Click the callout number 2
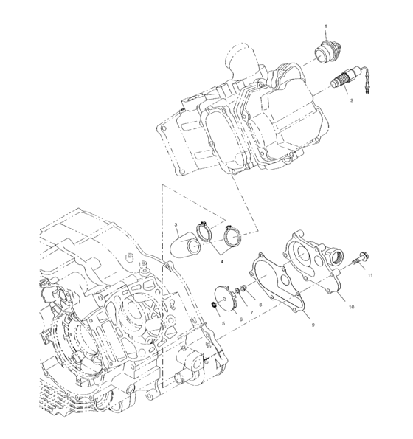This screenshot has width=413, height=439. pyautogui.click(x=353, y=99)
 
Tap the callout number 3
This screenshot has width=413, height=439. pyautogui.click(x=176, y=224)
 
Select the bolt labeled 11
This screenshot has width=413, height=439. pyautogui.click(x=361, y=260)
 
